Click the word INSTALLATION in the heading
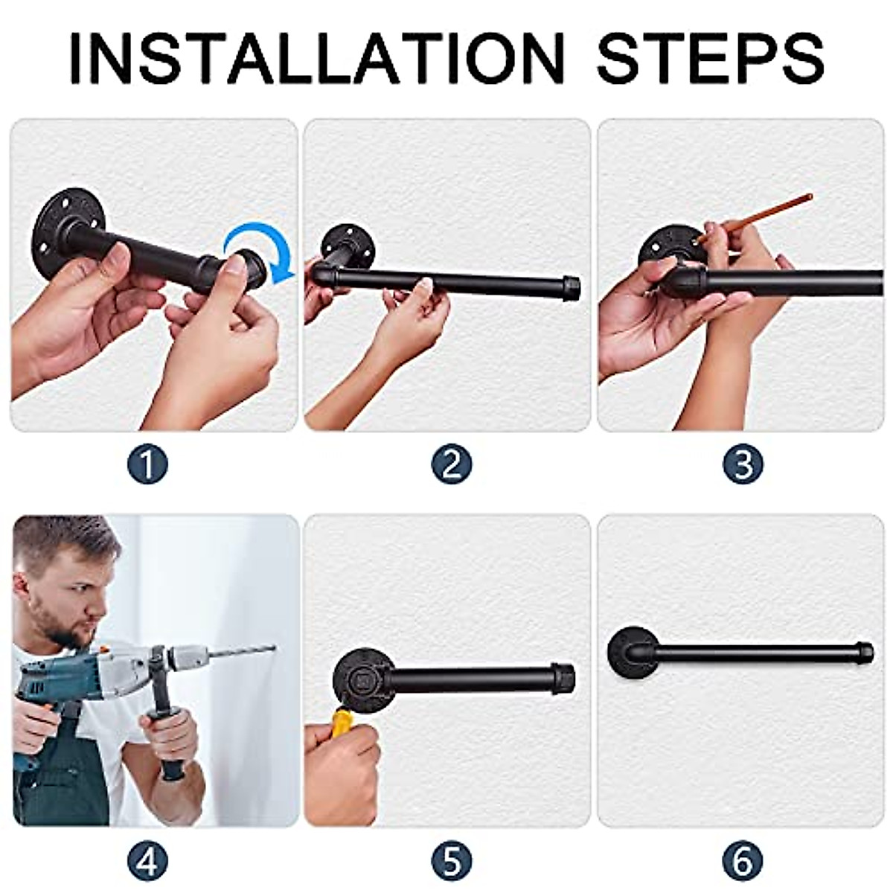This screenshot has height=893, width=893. point(316,58)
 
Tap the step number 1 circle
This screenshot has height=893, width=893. point(147,465)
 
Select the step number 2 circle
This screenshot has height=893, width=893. point(451,465)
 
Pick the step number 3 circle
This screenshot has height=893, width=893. point(743,465)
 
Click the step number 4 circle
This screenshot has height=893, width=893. point(147,862)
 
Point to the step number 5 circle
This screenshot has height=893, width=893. point(451,862)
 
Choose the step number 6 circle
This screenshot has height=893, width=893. point(743,862)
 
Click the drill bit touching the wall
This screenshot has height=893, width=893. point(242,653)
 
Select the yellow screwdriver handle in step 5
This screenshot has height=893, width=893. point(342,722)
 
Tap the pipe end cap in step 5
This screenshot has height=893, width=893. point(563,676)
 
